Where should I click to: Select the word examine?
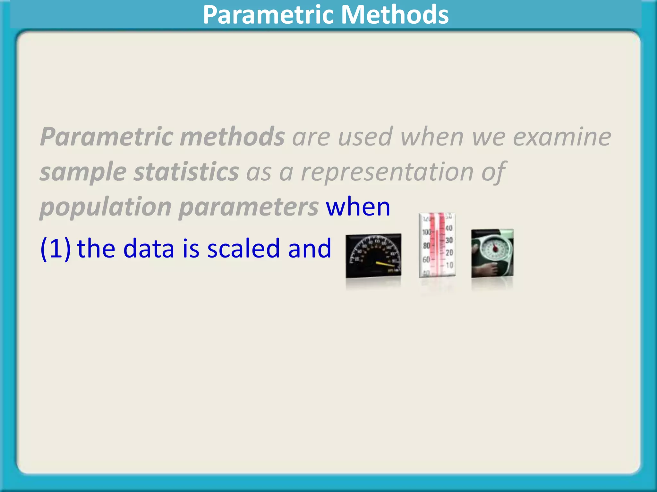[562, 137]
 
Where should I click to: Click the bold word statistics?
[186, 172]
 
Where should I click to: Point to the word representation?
[387, 172]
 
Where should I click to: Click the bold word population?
[106, 207]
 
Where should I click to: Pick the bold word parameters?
[249, 207]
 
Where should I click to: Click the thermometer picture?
[437, 245]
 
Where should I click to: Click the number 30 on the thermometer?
[449, 240]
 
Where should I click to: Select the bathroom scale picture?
[492, 253]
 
